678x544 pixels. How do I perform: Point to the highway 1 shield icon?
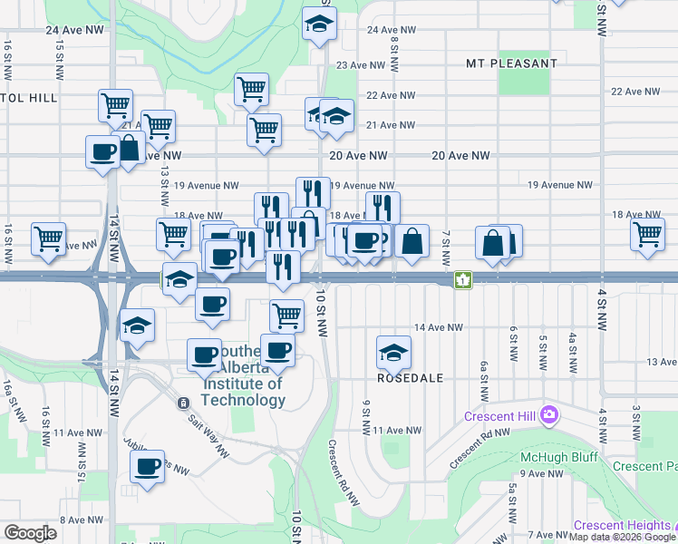click(x=463, y=280)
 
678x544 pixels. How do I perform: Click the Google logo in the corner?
click(x=30, y=532)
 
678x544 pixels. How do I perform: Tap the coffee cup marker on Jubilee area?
click(x=147, y=466)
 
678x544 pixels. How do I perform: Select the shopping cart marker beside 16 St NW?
click(x=48, y=238)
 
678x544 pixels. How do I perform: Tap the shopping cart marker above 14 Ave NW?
click(x=286, y=315)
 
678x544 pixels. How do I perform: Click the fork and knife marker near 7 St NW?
click(x=383, y=207)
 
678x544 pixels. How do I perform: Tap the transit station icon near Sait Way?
click(x=182, y=403)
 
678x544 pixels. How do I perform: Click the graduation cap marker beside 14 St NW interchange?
click(x=137, y=325)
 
